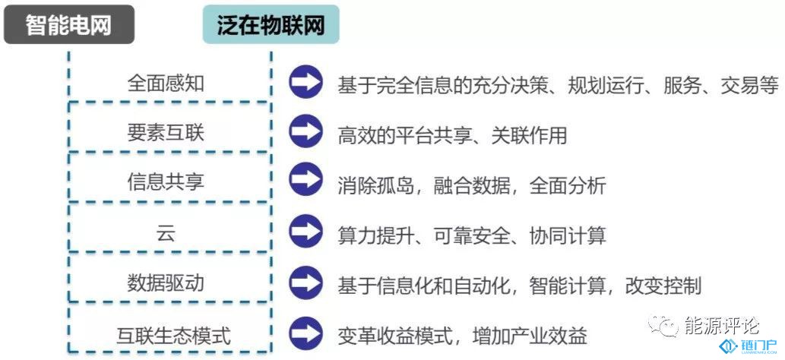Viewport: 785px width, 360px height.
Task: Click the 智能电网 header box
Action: pos(69,24)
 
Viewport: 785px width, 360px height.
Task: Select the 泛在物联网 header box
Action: pos(271,24)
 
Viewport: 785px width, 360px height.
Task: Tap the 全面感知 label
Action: pos(166,83)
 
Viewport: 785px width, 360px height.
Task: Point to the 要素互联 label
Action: pos(166,133)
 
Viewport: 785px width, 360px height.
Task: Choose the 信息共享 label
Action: pos(166,182)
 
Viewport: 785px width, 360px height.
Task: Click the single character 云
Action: pos(166,233)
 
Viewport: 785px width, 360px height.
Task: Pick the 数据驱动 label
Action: pos(166,283)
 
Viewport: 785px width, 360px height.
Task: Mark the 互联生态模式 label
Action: pos(174,336)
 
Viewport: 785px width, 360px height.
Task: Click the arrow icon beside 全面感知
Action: pos(305,81)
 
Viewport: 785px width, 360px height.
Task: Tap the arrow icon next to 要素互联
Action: pos(305,131)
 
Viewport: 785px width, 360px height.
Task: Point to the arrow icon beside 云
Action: pos(305,232)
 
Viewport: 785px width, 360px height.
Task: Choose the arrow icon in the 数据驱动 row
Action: pos(305,283)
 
